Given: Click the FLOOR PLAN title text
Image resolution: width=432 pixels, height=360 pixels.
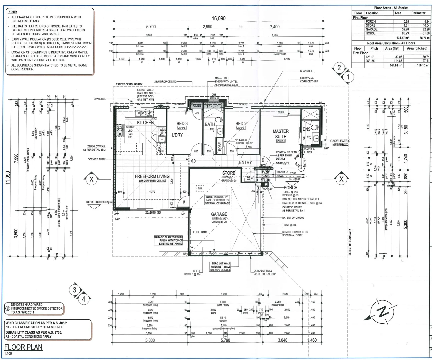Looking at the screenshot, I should [x=23, y=347].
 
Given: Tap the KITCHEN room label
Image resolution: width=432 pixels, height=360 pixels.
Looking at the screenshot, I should [x=145, y=123].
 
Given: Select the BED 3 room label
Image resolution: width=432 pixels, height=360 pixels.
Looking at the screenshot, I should [x=182, y=123].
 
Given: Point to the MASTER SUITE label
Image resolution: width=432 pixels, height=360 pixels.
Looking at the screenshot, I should [x=281, y=134].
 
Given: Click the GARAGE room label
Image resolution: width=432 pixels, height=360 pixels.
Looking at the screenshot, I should [x=219, y=214].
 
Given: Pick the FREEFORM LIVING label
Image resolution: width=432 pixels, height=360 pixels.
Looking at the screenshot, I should [x=152, y=176].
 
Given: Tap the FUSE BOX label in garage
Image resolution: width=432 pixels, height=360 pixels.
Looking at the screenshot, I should [x=200, y=232].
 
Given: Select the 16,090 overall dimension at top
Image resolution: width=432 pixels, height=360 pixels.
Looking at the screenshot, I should [x=219, y=19].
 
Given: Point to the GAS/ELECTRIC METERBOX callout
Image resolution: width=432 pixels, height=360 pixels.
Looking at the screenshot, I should [x=340, y=143].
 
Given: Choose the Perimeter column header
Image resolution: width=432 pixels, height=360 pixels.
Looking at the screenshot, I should [x=418, y=13].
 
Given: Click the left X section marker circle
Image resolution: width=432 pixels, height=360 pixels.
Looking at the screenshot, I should [x=92, y=179].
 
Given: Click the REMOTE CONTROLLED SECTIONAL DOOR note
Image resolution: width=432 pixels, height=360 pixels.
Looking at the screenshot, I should [x=295, y=234].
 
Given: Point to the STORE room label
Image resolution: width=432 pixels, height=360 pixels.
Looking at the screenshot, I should [x=229, y=173].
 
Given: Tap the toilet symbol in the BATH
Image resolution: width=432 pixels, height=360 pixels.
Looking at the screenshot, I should [x=219, y=120].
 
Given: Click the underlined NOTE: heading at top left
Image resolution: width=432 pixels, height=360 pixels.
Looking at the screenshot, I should [x=12, y=12].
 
